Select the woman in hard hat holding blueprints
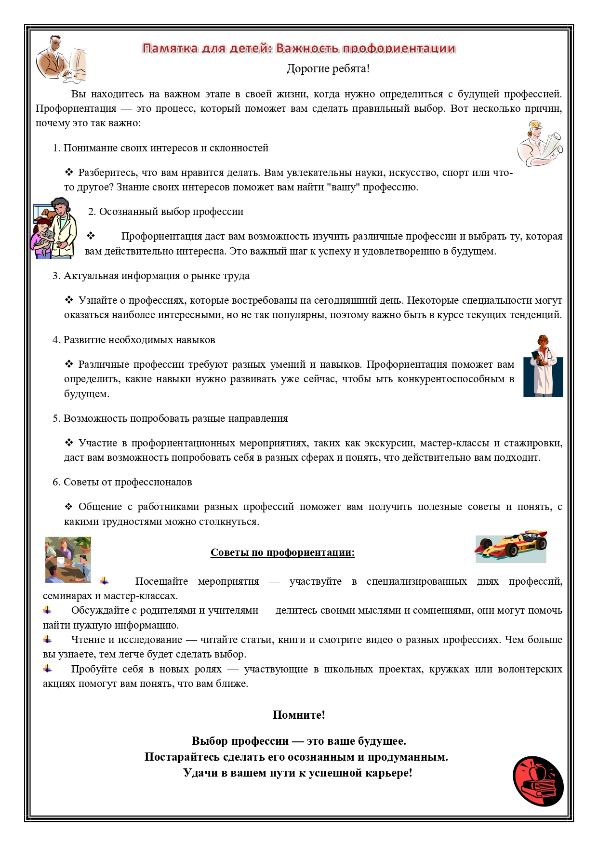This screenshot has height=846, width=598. click(x=540, y=143)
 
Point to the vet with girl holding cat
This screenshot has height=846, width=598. click(x=54, y=228)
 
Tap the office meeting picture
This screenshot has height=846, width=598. click(x=68, y=559)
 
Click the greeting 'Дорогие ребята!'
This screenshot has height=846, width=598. click(x=328, y=69)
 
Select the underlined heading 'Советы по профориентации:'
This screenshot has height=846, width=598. click(x=282, y=552)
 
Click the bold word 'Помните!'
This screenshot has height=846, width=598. click(x=299, y=715)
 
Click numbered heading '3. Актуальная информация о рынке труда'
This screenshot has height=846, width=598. click(x=151, y=276)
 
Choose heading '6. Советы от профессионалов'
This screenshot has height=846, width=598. click(x=122, y=482)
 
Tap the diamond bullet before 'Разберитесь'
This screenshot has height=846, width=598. click(x=69, y=172)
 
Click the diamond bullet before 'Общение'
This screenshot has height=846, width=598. click(x=69, y=506)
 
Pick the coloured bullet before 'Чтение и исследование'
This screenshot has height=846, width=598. click(x=47, y=639)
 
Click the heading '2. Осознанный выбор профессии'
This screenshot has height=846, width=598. click(x=166, y=212)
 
